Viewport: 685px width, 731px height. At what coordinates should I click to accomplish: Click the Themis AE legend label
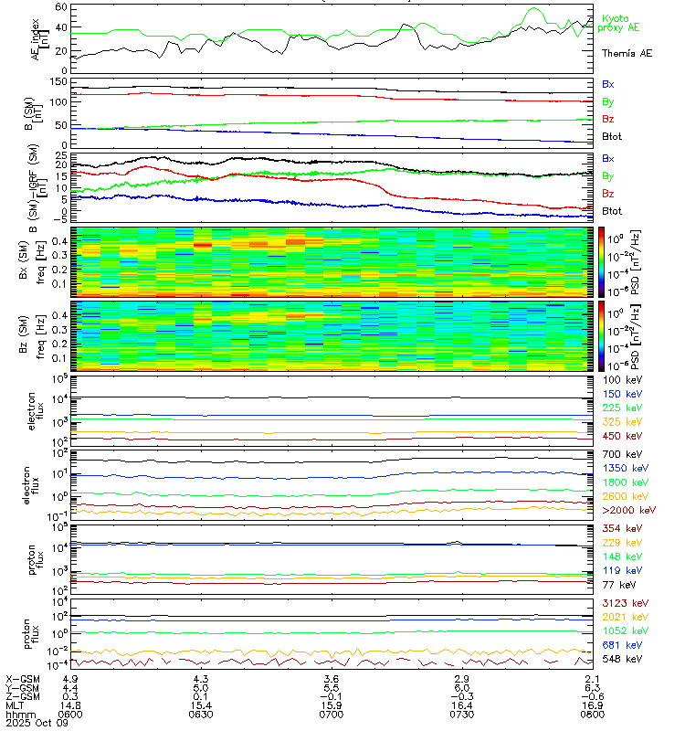click(627, 54)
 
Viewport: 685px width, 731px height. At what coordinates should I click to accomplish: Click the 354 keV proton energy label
click(617, 528)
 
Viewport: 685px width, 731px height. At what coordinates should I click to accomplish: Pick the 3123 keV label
click(620, 603)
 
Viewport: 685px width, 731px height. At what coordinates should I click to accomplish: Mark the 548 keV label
click(617, 658)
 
